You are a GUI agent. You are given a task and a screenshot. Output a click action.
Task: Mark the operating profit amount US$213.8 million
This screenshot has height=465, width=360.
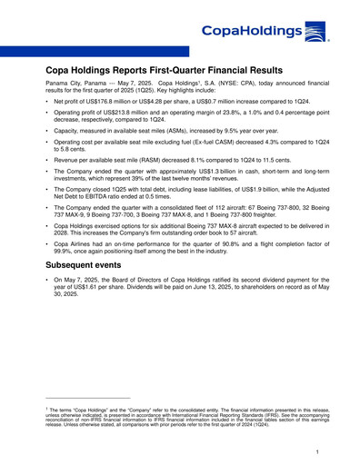125,119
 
